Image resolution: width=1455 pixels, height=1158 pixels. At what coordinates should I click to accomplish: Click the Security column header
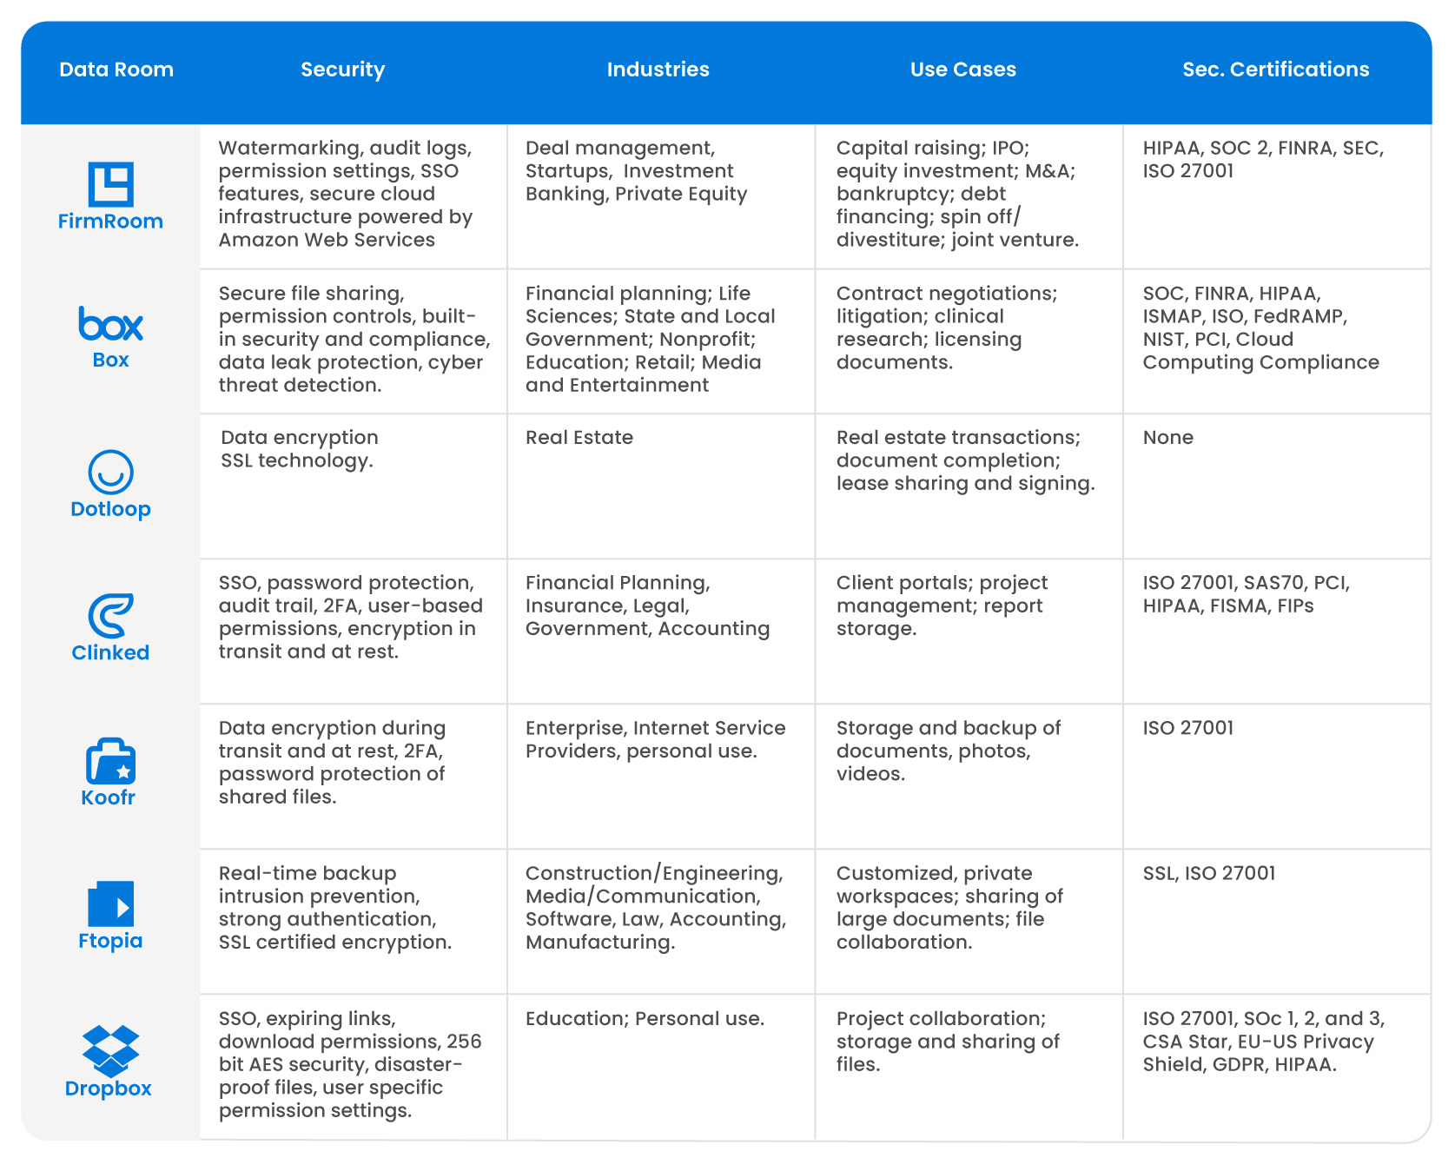[x=342, y=69]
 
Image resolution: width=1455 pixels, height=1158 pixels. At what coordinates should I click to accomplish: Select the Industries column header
[x=658, y=69]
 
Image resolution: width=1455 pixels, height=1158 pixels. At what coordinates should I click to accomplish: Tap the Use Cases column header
[x=962, y=69]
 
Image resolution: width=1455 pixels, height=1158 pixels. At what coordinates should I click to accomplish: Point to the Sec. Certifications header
[x=1275, y=69]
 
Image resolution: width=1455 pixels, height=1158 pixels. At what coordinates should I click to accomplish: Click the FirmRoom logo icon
[x=110, y=184]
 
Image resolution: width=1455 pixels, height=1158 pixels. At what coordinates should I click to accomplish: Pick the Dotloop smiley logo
[x=110, y=472]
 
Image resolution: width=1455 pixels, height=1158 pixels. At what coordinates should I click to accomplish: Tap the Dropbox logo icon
[x=110, y=1050]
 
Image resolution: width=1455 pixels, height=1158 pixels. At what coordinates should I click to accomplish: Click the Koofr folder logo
[x=110, y=762]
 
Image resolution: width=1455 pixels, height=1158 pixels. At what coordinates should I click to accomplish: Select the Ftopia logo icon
[x=110, y=904]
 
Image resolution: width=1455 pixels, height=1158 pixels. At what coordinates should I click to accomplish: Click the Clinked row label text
[x=110, y=652]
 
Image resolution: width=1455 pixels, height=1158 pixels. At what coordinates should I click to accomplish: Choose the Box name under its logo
[x=110, y=360]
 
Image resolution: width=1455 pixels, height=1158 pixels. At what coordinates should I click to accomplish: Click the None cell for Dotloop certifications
[x=1167, y=438]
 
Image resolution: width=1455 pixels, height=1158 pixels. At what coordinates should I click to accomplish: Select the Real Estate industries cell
[x=579, y=438]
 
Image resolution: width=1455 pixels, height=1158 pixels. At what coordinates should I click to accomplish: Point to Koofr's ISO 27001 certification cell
[x=1187, y=728]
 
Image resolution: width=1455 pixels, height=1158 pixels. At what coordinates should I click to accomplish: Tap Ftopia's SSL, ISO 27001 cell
[x=1208, y=873]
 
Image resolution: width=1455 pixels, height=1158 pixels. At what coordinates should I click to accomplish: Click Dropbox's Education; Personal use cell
[x=645, y=1018]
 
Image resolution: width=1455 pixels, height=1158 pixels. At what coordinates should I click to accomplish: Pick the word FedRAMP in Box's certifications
[x=1300, y=316]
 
